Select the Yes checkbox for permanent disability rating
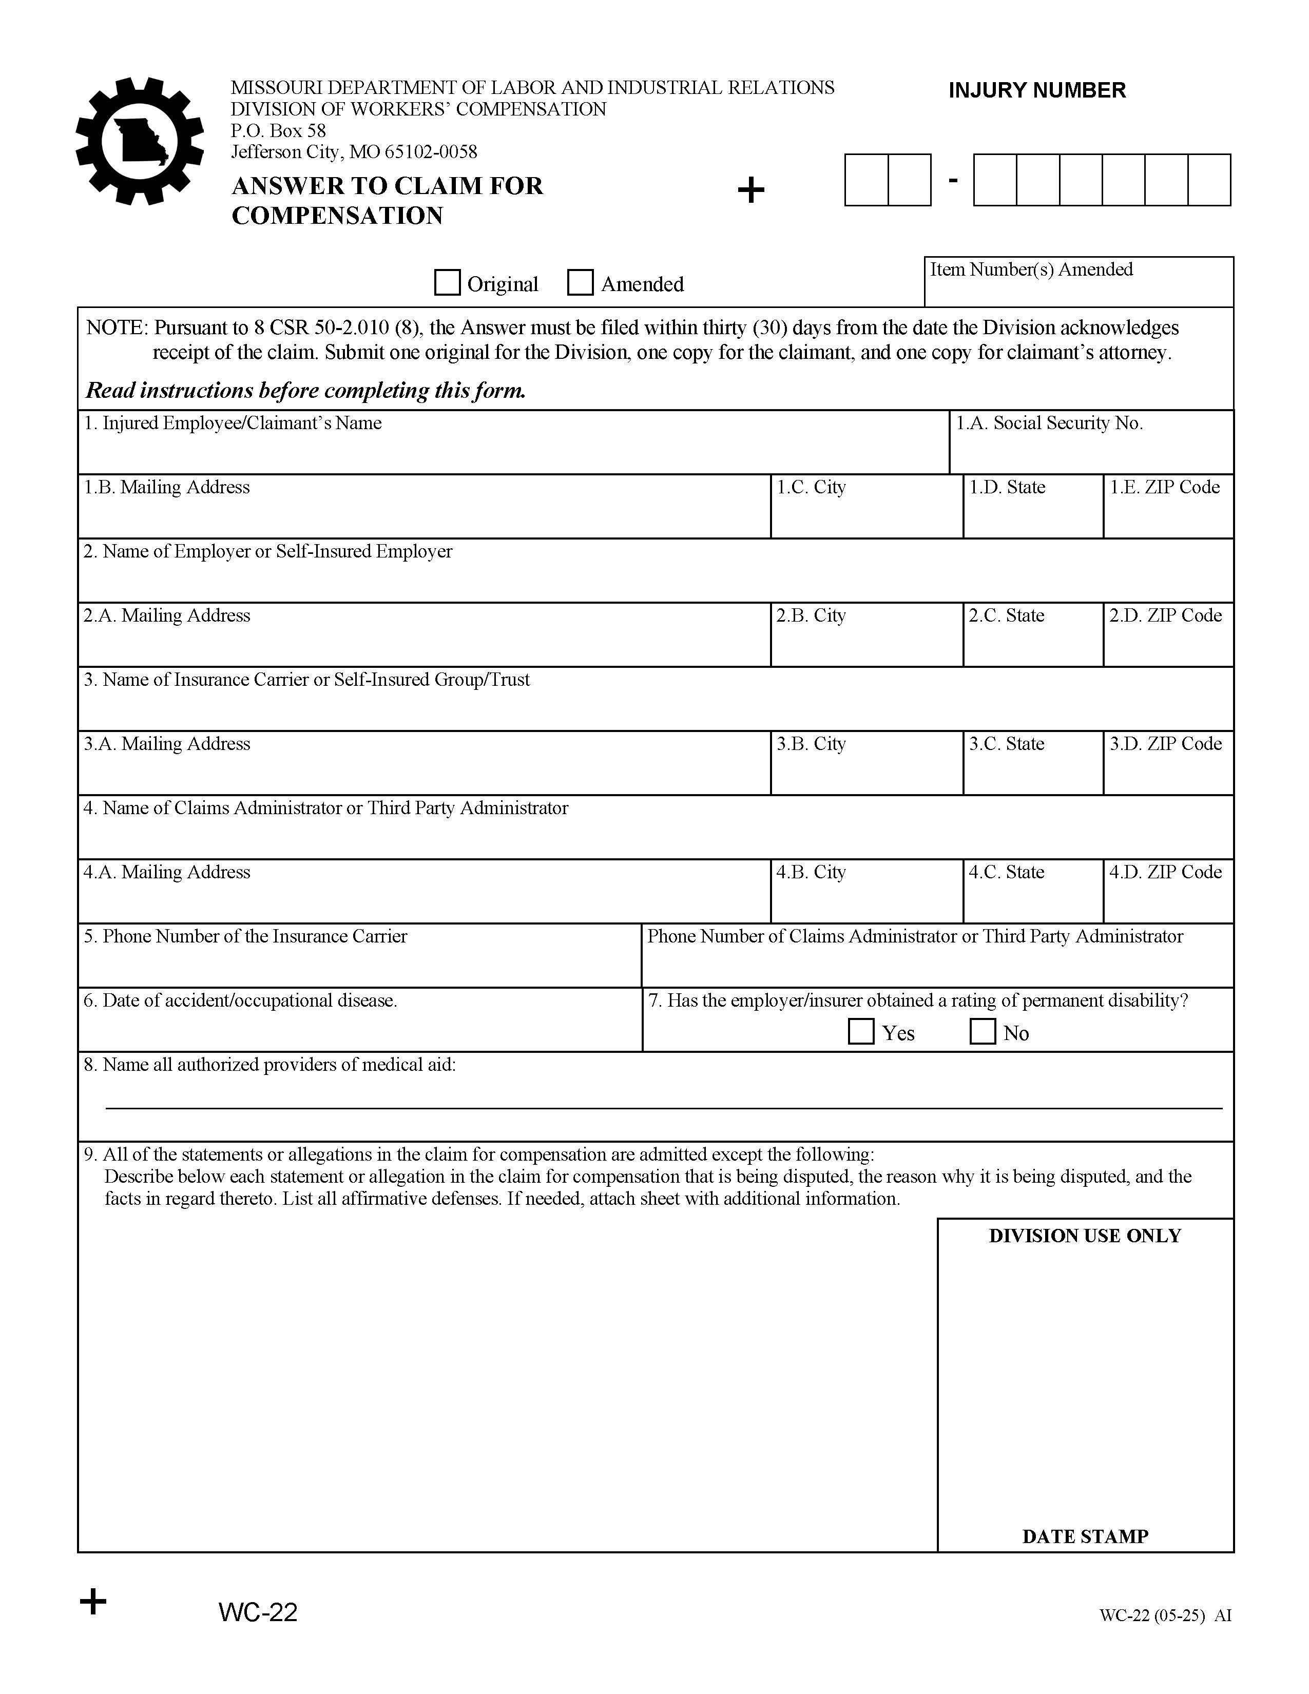coord(861,1032)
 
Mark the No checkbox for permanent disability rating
coord(983,1032)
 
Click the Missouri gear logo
coord(140,141)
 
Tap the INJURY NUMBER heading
coord(1037,91)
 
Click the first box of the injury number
coord(866,180)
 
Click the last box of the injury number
coord(1209,180)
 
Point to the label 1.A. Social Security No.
coord(1049,422)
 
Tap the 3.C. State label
coord(1007,744)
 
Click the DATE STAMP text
coord(1085,1536)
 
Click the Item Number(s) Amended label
coord(1031,269)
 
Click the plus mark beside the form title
coord(750,189)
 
